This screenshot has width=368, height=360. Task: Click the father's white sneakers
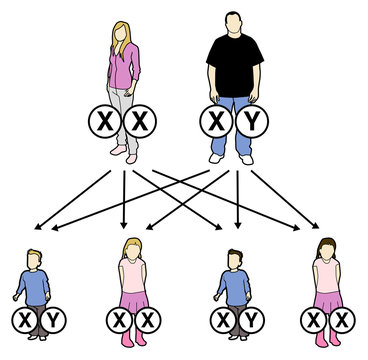232,157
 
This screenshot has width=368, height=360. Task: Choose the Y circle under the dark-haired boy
252,320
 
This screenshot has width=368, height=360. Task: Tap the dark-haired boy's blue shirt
234,285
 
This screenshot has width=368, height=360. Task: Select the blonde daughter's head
132,250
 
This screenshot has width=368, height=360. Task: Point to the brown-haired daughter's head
327,250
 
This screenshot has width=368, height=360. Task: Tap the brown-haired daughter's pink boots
327,341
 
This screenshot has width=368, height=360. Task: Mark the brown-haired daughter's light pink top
327,275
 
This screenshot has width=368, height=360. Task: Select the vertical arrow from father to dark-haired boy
238,200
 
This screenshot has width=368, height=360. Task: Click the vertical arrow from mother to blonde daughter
124,200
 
